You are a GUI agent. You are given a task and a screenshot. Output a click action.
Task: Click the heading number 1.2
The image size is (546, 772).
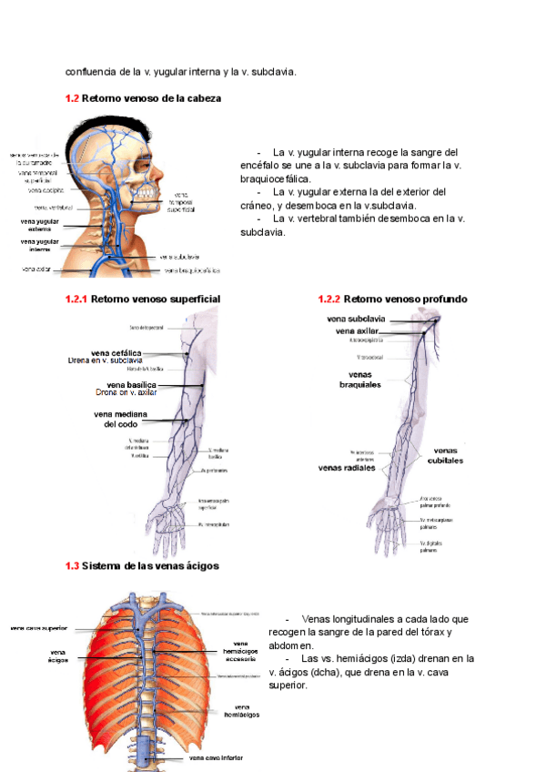pyautogui.click(x=72, y=97)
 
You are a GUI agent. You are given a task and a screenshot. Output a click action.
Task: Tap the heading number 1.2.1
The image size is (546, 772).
pyautogui.click(x=76, y=299)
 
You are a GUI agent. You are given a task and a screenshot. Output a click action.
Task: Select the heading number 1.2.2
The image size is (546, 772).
pyautogui.click(x=329, y=299)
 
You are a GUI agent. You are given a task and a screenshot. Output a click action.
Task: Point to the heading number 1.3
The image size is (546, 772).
pyautogui.click(x=72, y=565)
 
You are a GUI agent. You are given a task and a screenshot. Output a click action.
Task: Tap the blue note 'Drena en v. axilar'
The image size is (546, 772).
pyautogui.click(x=126, y=393)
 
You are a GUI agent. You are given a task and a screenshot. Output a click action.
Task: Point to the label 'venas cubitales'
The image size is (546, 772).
pyautogui.click(x=443, y=455)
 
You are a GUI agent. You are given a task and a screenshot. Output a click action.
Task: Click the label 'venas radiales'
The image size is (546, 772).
pyautogui.click(x=347, y=469)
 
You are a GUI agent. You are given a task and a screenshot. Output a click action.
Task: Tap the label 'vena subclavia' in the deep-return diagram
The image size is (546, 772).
pyautogui.click(x=356, y=320)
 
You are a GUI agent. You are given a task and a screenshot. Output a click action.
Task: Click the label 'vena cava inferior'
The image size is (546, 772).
pyautogui.click(x=217, y=757)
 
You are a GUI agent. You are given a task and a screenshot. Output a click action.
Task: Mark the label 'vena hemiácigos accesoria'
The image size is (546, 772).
pyautogui.click(x=240, y=650)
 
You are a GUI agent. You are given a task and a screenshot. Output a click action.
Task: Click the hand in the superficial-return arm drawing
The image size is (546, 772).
pyautogui.click(x=173, y=524)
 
